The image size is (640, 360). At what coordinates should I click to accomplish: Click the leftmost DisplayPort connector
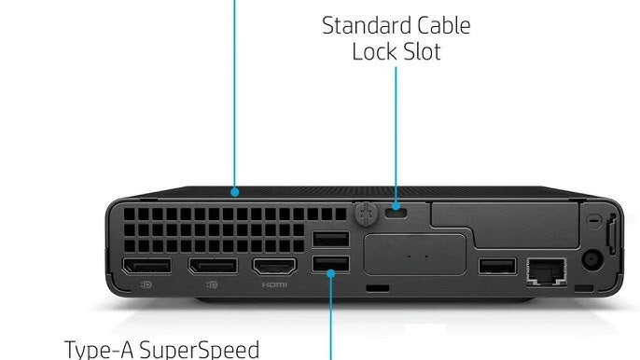(x=146, y=267)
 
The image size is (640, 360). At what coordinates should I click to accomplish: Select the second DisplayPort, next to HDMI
(x=213, y=267)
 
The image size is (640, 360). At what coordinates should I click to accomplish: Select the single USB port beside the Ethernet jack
(x=497, y=267)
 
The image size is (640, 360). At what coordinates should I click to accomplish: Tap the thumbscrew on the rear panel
(x=366, y=212)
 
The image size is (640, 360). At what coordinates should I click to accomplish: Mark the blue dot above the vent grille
(x=236, y=193)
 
